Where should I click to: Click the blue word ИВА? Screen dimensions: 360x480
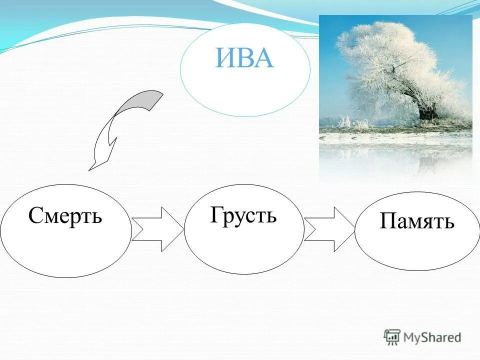point(245,58)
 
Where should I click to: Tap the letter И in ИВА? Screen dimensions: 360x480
point(225,58)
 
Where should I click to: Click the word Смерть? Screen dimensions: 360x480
point(65,215)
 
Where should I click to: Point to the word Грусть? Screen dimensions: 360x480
point(243,215)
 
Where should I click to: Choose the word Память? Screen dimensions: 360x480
point(417,220)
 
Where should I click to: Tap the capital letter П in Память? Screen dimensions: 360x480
point(387,220)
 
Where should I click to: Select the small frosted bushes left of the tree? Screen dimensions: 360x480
point(350,121)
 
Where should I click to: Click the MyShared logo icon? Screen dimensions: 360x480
point(392,337)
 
